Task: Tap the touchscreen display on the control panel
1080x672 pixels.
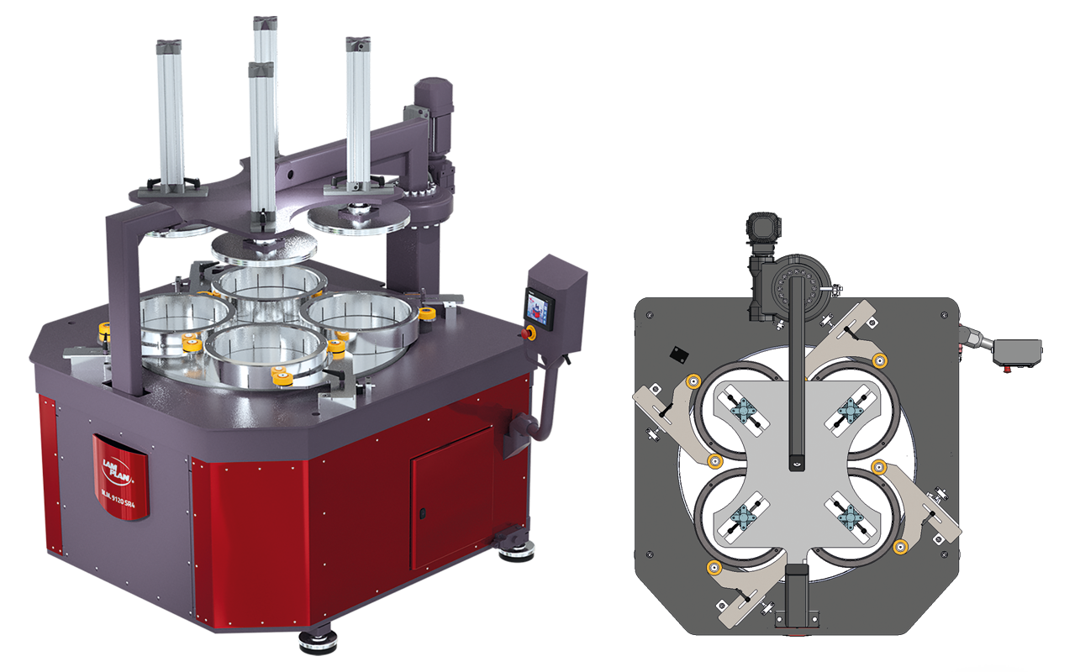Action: [538, 306]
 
